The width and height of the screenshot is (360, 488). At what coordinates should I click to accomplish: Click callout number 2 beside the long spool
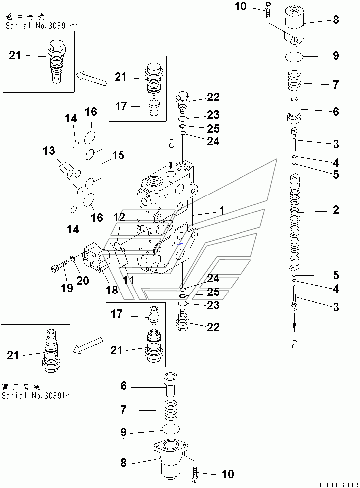[x=336, y=210]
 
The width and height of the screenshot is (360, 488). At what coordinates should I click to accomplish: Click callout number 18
[x=112, y=290]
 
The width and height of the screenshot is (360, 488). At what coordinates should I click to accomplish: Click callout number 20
[x=82, y=280]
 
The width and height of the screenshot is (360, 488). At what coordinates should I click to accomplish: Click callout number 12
[x=119, y=217]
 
